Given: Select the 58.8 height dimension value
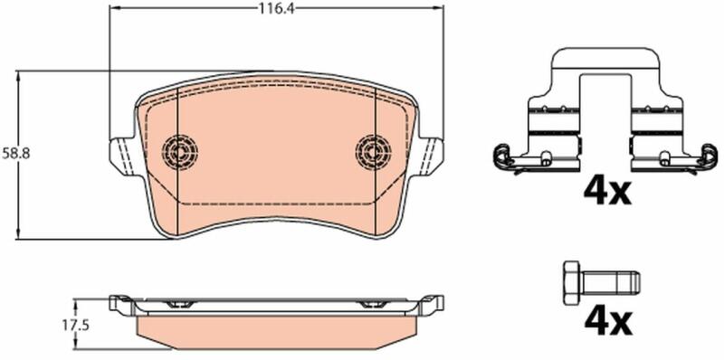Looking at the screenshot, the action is pos(15,154).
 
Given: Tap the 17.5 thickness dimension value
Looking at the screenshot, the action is pos(75,326).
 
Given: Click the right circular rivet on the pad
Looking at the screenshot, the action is pos(373,151).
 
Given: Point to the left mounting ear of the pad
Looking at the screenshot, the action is pos(123,155).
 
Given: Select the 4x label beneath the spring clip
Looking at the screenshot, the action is pos(606,191).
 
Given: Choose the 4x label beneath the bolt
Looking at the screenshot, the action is pos(606,322).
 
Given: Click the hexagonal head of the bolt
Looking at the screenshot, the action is pos(573,282).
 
